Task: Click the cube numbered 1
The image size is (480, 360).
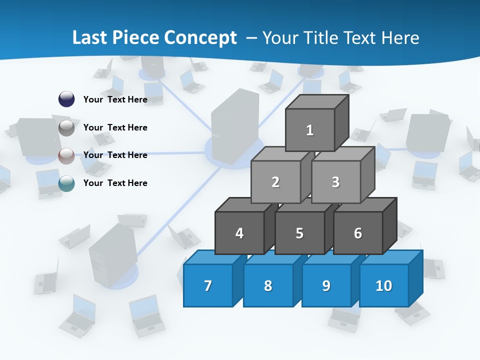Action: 310,130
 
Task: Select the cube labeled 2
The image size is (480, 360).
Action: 275,182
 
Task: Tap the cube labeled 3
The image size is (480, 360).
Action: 335,182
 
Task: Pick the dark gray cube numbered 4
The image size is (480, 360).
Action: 239,233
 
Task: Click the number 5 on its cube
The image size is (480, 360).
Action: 299,233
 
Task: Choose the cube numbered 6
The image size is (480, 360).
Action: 358,233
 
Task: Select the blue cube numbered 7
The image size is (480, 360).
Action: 208,285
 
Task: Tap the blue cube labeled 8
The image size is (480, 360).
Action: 268,285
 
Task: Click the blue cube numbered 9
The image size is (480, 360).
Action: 326,285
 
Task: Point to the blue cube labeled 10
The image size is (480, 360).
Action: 384,285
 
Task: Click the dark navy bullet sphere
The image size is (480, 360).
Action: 66,99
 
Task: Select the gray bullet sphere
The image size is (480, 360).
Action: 66,127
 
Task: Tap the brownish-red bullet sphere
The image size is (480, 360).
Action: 66,155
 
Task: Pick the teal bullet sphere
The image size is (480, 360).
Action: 66,183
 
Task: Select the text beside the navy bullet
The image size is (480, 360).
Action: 115,99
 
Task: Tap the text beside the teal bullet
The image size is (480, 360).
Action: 115,183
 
